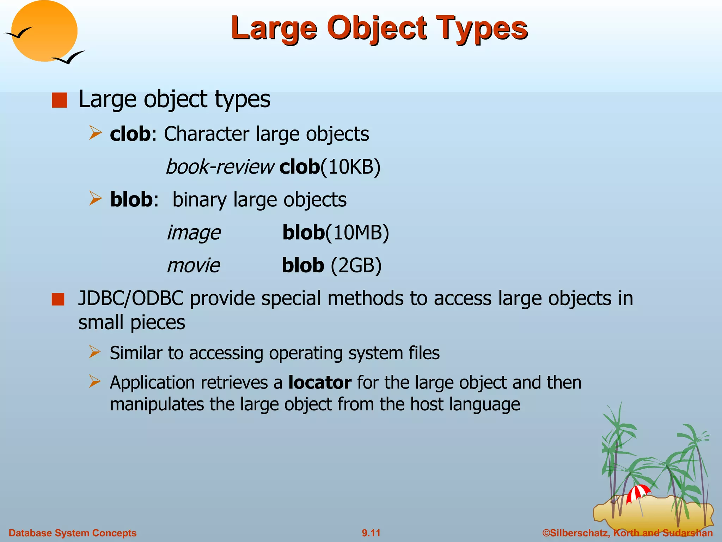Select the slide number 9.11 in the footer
[x=371, y=533]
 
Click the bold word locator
[x=319, y=383]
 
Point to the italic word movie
[x=194, y=265]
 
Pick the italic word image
[x=194, y=233]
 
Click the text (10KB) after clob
[x=350, y=167]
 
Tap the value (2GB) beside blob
[x=356, y=265]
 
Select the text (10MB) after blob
[x=357, y=233]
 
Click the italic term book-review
[x=220, y=167]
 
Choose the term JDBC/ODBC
[x=131, y=299]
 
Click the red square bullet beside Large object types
[x=59, y=100]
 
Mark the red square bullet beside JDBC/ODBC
[x=58, y=299]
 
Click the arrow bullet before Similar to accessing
[x=95, y=352]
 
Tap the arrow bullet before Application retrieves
[x=95, y=382]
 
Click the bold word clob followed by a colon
[x=130, y=134]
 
